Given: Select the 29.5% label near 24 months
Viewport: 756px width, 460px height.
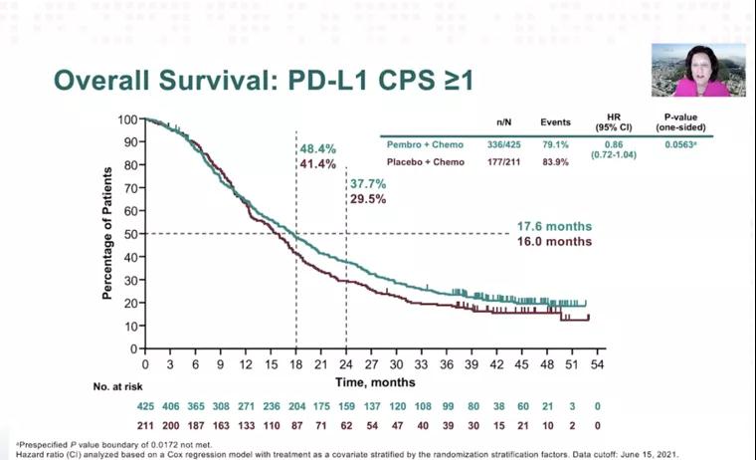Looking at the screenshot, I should tap(366, 199).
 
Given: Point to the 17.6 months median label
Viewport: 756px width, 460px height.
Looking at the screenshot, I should tap(554, 225).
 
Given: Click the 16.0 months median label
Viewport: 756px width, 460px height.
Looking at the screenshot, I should tap(554, 241).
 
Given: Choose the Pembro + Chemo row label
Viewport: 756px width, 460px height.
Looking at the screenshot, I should tap(425, 145).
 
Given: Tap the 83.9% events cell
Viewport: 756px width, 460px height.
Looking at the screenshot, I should tap(555, 161).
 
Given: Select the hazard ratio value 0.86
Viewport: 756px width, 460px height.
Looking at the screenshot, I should tap(613, 144).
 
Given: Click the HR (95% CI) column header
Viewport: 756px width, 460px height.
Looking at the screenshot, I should tap(613, 122).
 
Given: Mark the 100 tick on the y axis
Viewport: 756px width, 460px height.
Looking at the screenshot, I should tap(127, 119).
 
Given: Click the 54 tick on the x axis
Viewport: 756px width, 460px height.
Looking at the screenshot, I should tap(597, 365).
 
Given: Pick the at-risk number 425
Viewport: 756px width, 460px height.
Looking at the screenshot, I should tap(145, 405).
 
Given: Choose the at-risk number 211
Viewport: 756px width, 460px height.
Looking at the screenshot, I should tap(145, 425).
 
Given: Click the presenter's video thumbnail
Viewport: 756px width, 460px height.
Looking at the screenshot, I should tap(698, 70).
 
